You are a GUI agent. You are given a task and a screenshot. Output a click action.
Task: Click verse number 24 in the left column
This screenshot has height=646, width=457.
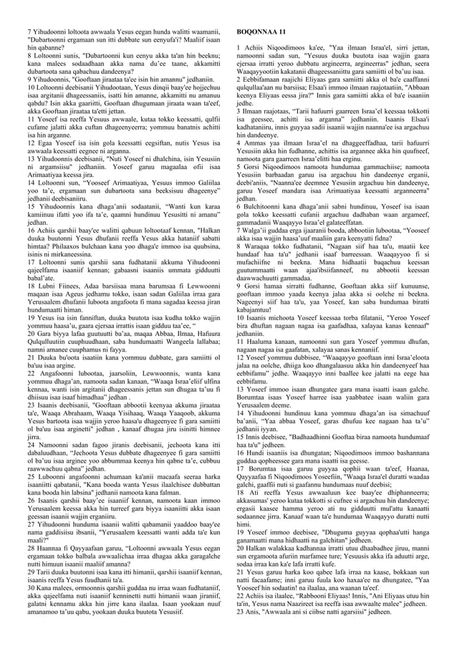(x=31, y=445)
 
